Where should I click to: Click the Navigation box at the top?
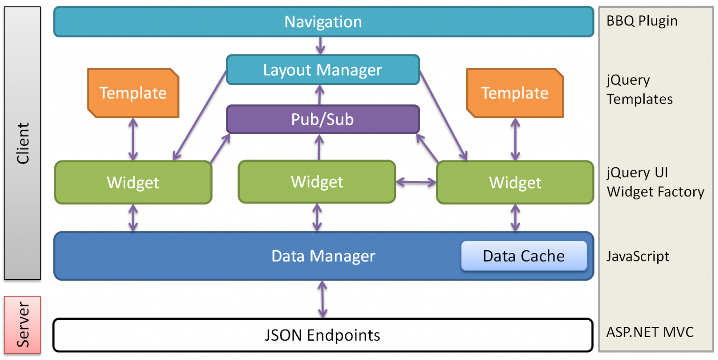pyautogui.click(x=324, y=22)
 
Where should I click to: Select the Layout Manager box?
pyautogui.click(x=323, y=70)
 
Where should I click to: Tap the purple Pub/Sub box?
pyautogui.click(x=323, y=119)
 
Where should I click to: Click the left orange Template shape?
pyautogui.click(x=133, y=93)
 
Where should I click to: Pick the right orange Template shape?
pyautogui.click(x=515, y=93)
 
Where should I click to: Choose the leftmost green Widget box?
pyautogui.click(x=133, y=182)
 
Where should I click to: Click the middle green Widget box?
pyautogui.click(x=317, y=182)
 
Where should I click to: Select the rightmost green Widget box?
pyautogui.click(x=515, y=182)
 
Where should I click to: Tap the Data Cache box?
pyautogui.click(x=524, y=256)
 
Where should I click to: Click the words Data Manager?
pyautogui.click(x=323, y=256)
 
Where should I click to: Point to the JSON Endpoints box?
pyautogui.click(x=323, y=335)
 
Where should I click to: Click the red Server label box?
pyautogui.click(x=22, y=325)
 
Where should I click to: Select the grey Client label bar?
pyautogui.click(x=22, y=143)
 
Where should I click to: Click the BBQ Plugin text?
pyautogui.click(x=642, y=21)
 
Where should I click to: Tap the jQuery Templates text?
pyautogui.click(x=639, y=89)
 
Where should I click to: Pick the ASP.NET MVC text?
pyautogui.click(x=650, y=332)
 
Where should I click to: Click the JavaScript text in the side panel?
pyautogui.click(x=638, y=257)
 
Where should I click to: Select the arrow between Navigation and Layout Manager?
pyautogui.click(x=321, y=46)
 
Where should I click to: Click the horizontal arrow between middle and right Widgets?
pyautogui.click(x=416, y=182)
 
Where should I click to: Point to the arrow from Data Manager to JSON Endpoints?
pyautogui.click(x=323, y=299)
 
